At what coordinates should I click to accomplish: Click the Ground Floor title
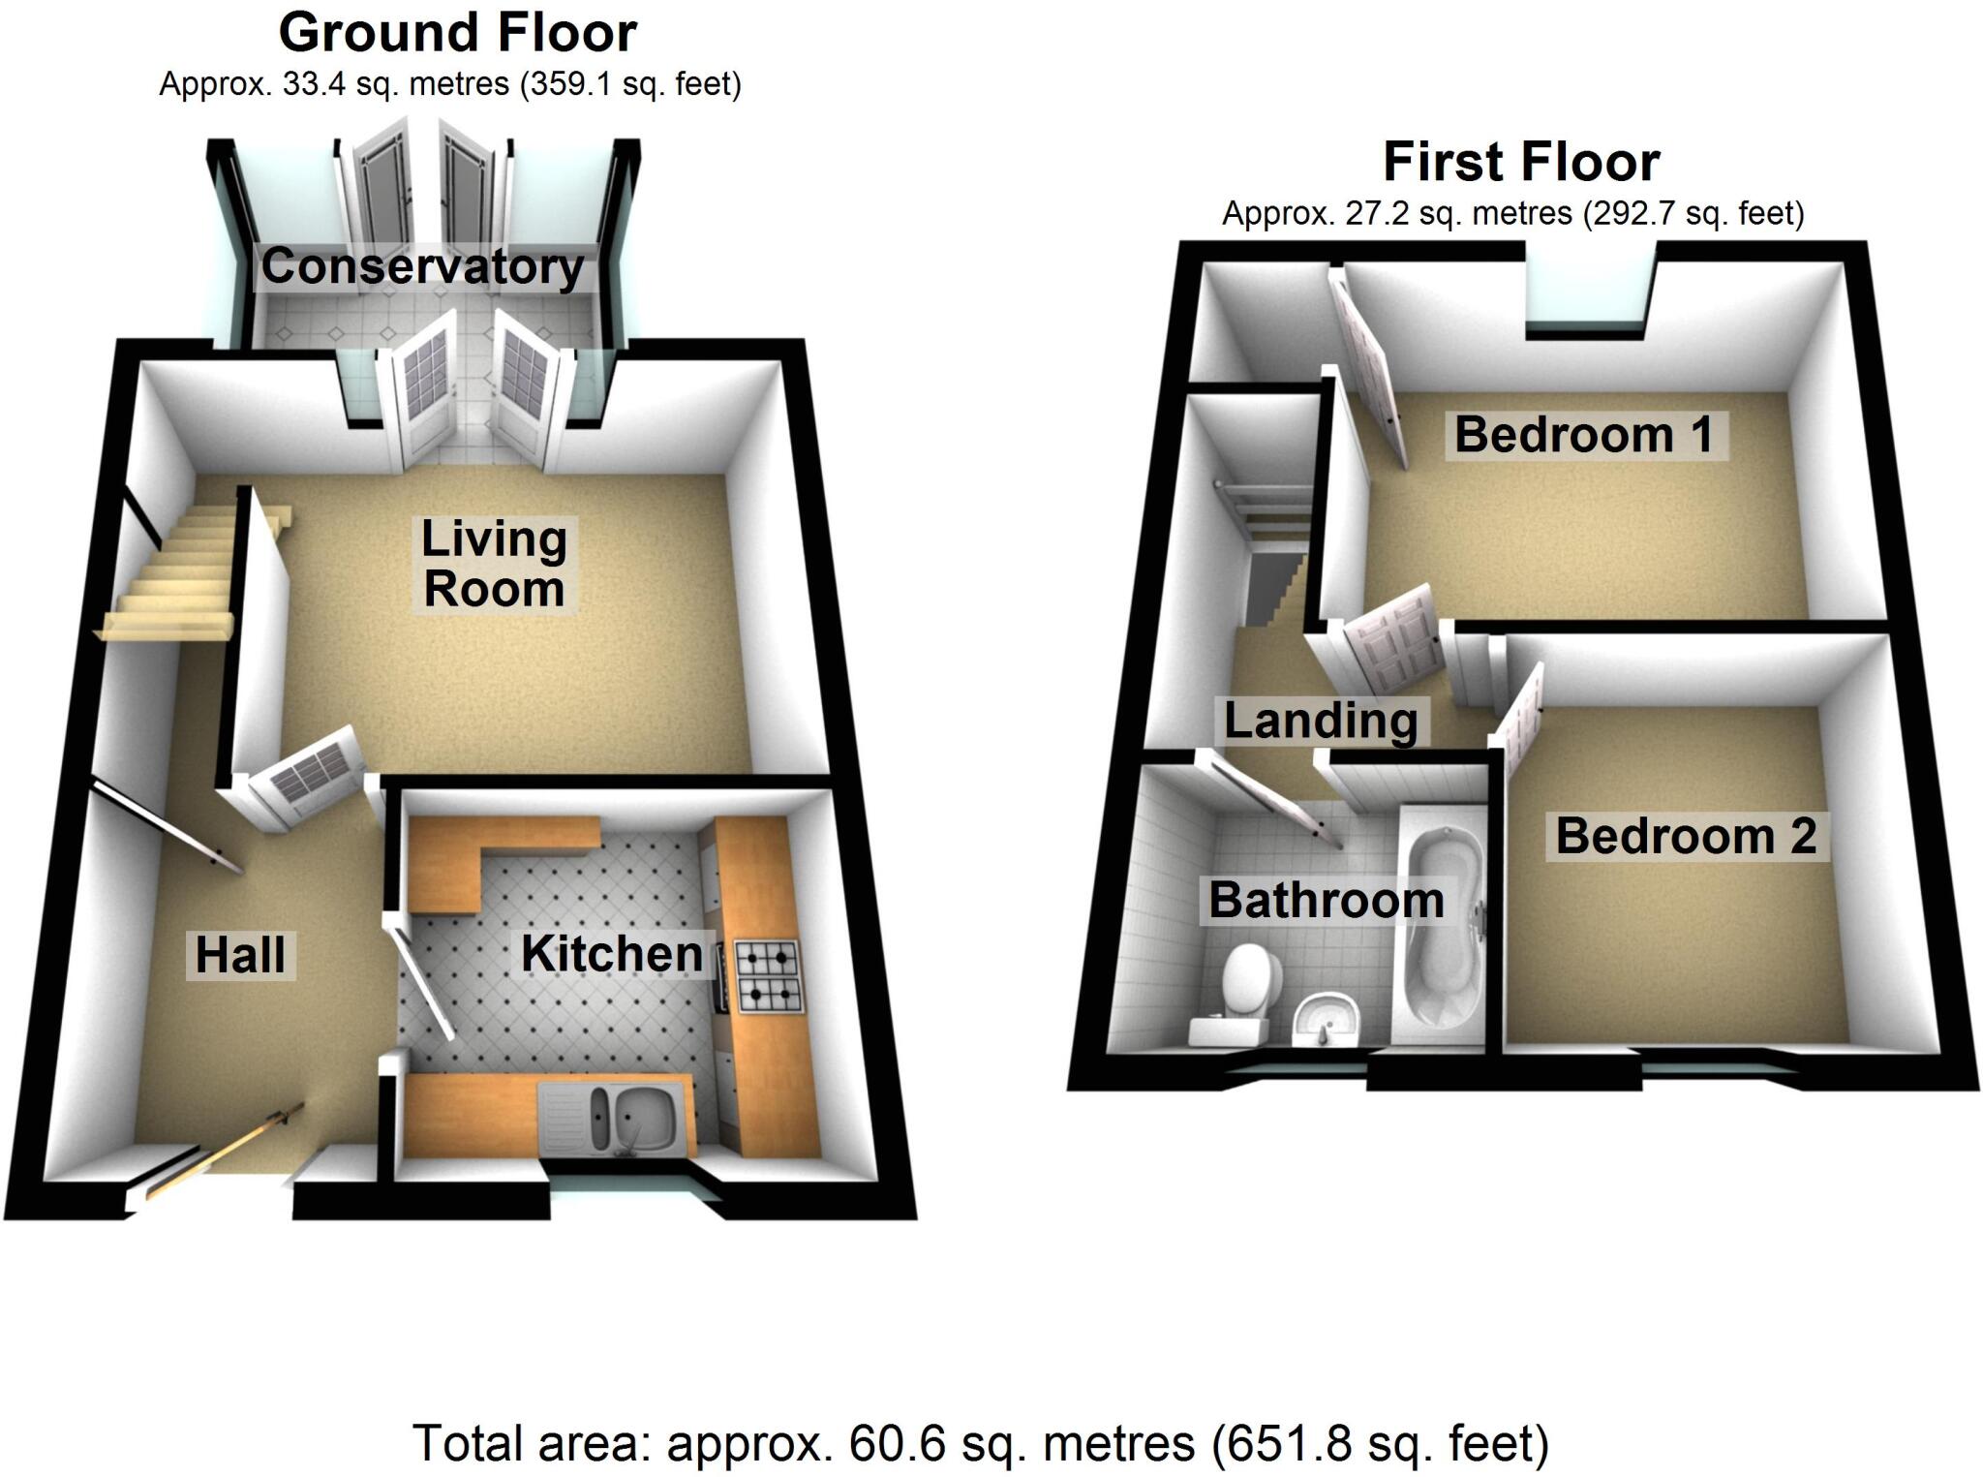[x=457, y=34]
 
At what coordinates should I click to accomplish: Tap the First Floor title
[x=1521, y=162]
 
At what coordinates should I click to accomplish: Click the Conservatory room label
[x=422, y=266]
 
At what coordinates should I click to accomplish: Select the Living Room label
[x=494, y=564]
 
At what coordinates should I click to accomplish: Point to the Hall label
[x=240, y=955]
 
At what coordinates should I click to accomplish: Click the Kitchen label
[x=612, y=953]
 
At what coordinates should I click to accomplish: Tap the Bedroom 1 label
[x=1584, y=434]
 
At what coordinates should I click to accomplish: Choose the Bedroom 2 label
[x=1686, y=836]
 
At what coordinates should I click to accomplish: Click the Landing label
[x=1321, y=721]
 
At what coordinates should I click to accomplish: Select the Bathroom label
[x=1326, y=900]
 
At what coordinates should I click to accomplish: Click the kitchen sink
[x=616, y=1119]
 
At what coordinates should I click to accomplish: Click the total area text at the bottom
[x=980, y=1443]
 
